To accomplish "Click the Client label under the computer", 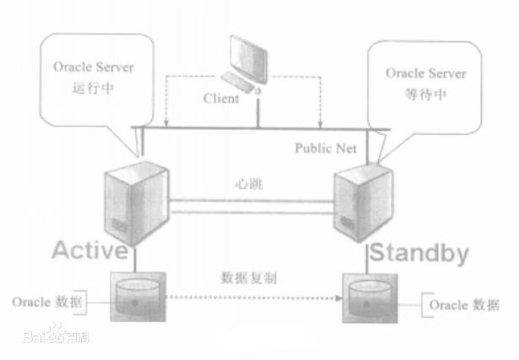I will click(x=221, y=98).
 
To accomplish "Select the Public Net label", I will click(x=326, y=148).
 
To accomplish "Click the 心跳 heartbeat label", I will click(x=248, y=183).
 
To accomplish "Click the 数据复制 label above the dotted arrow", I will click(x=246, y=277).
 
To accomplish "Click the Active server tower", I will click(x=127, y=198).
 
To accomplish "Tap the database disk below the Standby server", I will click(x=371, y=298).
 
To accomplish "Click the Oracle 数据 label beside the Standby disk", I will click(x=463, y=304).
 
